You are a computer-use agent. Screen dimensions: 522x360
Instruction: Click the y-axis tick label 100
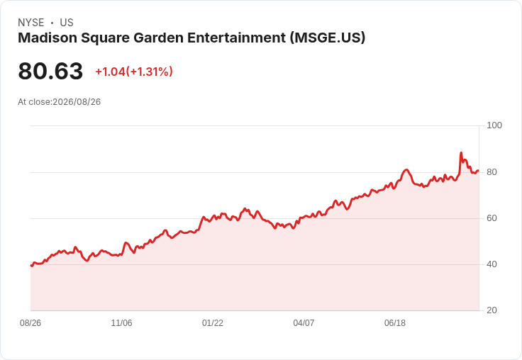[x=494, y=125]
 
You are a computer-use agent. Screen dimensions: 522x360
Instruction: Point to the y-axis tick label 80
[x=492, y=172]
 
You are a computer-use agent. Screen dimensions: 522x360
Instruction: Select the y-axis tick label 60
[x=492, y=218]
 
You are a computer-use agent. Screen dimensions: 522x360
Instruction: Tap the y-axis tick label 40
[x=492, y=264]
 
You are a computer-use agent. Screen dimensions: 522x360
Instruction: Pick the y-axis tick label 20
[x=492, y=310]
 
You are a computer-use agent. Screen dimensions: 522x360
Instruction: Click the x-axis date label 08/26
[x=30, y=323]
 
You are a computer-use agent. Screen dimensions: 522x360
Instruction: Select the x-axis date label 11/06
[x=121, y=323]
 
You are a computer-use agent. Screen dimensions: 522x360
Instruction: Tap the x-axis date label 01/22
[x=212, y=323]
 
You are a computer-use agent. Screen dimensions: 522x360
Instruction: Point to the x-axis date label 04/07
[x=304, y=323]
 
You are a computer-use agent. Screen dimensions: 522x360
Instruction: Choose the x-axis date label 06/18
[x=395, y=323]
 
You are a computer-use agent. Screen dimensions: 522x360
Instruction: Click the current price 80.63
[x=50, y=71]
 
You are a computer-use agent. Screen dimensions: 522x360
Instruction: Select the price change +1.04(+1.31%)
[x=134, y=72]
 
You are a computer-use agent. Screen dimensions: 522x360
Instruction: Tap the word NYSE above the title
[x=31, y=23]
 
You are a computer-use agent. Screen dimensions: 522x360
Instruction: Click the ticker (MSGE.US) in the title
[x=328, y=38]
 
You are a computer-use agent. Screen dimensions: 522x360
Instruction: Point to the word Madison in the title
[x=48, y=38]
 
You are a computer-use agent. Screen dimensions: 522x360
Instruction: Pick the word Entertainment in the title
[x=236, y=38]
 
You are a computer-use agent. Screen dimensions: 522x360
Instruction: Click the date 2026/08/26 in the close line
[x=77, y=102]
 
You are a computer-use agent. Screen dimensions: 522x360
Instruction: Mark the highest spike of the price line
[x=461, y=153]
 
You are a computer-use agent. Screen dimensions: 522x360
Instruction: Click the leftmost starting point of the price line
[x=31, y=266]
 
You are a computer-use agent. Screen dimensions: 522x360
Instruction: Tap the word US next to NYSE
[x=67, y=23]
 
